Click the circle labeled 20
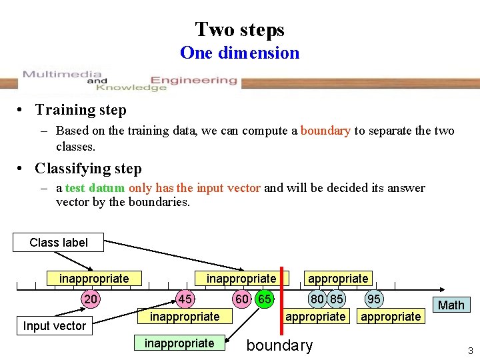point(91,299)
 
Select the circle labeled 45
point(185,299)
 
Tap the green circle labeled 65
point(265,299)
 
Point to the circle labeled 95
point(375,299)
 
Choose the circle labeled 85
point(337,299)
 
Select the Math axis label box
point(451,305)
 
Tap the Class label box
point(59,242)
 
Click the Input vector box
point(55,325)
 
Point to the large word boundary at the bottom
point(279,345)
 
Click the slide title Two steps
point(240,29)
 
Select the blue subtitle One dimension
point(240,53)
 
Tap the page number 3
point(470,351)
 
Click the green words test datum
point(95,188)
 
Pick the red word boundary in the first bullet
point(325,131)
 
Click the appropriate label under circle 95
point(391,317)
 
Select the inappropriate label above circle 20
point(94,278)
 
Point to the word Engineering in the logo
point(193,81)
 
